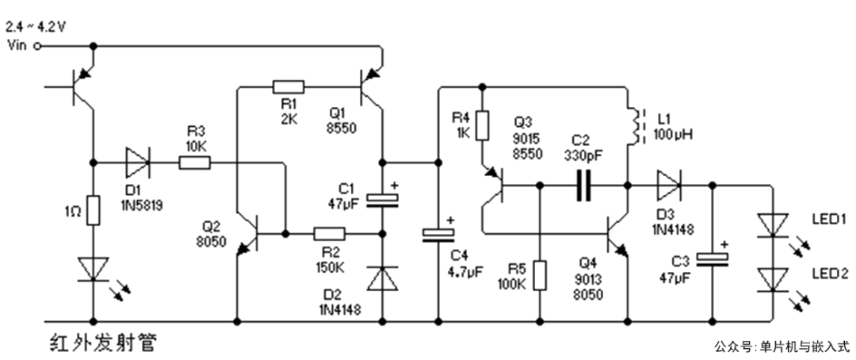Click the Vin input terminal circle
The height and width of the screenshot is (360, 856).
click(38, 47)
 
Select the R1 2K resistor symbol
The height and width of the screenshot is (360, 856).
click(289, 86)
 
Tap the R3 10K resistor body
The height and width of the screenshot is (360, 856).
click(194, 163)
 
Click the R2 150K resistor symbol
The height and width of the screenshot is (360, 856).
click(329, 234)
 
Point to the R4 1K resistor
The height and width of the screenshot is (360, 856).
click(482, 125)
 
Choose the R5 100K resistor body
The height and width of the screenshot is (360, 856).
click(540, 276)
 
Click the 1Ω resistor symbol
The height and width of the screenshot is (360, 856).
click(94, 210)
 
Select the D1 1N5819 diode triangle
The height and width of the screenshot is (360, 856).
click(137, 163)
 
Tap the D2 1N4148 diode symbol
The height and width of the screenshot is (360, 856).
click(382, 278)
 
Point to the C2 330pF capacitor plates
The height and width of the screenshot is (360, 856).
click(583, 186)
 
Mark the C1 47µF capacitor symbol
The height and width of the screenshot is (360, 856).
click(382, 201)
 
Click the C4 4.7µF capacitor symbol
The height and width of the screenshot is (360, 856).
click(438, 233)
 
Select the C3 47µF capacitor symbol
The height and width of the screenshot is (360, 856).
click(712, 259)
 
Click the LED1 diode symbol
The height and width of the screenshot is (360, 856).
click(774, 225)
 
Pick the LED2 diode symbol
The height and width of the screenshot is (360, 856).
click(774, 280)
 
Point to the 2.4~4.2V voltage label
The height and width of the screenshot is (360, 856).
click(36, 27)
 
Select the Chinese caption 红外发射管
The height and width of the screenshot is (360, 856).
click(102, 343)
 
